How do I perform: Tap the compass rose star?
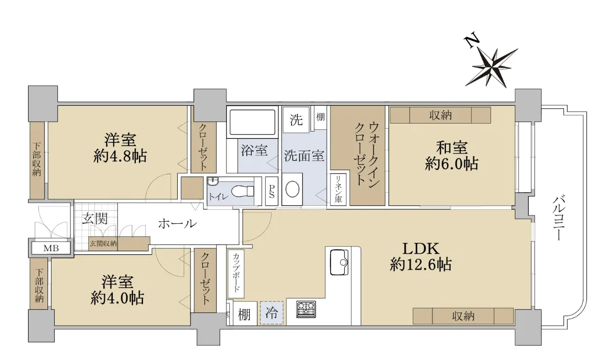click(491, 68)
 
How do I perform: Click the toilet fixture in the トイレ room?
click(243, 191)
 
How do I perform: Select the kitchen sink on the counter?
click(339, 262)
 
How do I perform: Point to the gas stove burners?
click(306, 309)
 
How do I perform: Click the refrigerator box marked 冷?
click(271, 313)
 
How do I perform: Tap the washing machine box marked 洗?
click(296, 120)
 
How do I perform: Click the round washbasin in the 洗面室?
click(292, 188)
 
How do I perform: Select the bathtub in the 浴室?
click(252, 122)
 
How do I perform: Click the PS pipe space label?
click(272, 191)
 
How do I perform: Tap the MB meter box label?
click(51, 248)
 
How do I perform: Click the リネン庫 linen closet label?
click(338, 189)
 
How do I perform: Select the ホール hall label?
click(178, 224)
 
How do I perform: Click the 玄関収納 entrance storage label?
click(103, 244)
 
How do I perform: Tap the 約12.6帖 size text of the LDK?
click(420, 265)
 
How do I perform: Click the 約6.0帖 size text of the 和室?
click(452, 164)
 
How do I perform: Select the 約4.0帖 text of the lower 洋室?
click(117, 298)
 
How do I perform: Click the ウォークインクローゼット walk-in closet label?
click(367, 154)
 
